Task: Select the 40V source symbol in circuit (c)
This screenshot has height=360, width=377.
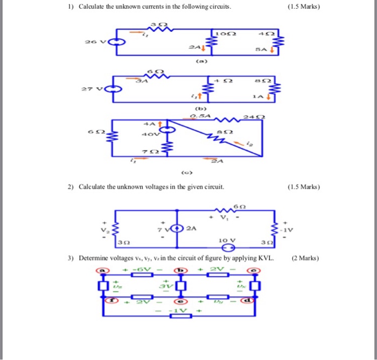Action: tap(168, 130)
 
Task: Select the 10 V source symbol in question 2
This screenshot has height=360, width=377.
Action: tap(228, 248)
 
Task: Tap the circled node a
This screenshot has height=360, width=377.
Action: tap(100, 270)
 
